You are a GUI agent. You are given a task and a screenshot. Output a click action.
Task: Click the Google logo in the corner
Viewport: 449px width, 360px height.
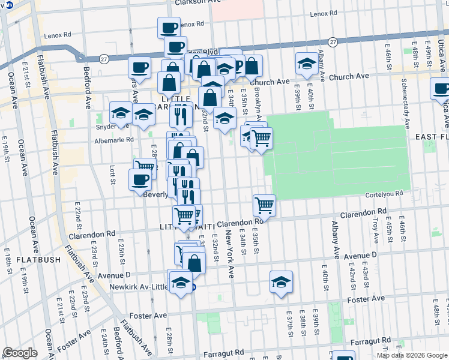(x=20, y=353)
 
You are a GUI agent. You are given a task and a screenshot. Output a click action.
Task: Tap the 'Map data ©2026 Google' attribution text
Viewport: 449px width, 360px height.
(x=412, y=355)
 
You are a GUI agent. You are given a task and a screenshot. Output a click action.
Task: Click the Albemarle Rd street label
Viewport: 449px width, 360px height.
(x=114, y=140)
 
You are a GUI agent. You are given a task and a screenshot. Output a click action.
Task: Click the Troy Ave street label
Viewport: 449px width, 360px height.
(x=375, y=230)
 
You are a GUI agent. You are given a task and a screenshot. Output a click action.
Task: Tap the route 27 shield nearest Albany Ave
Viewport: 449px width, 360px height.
(x=333, y=42)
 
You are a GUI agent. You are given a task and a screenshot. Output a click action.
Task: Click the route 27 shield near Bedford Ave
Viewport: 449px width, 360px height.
(x=104, y=59)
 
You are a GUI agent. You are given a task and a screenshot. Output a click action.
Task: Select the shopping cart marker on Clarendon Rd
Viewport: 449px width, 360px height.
(x=264, y=206)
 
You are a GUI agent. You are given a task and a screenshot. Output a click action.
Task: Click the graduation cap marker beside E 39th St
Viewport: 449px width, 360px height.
(x=306, y=64)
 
